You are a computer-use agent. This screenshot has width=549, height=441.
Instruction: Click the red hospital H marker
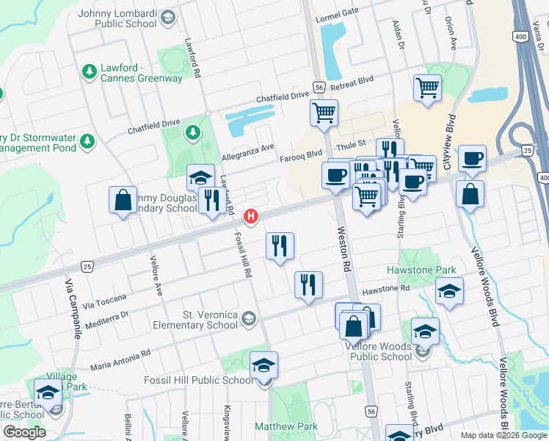(251, 216)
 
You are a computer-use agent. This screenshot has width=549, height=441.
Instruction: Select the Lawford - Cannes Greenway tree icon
(90, 71)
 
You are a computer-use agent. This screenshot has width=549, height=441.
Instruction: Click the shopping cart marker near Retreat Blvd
(427, 88)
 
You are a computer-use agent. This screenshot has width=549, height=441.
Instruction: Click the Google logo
(24, 431)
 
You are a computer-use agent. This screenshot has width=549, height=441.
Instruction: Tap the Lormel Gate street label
(336, 11)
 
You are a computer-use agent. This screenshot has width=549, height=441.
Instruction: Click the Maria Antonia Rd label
(120, 360)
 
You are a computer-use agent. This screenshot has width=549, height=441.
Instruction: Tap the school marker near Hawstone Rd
(449, 291)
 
